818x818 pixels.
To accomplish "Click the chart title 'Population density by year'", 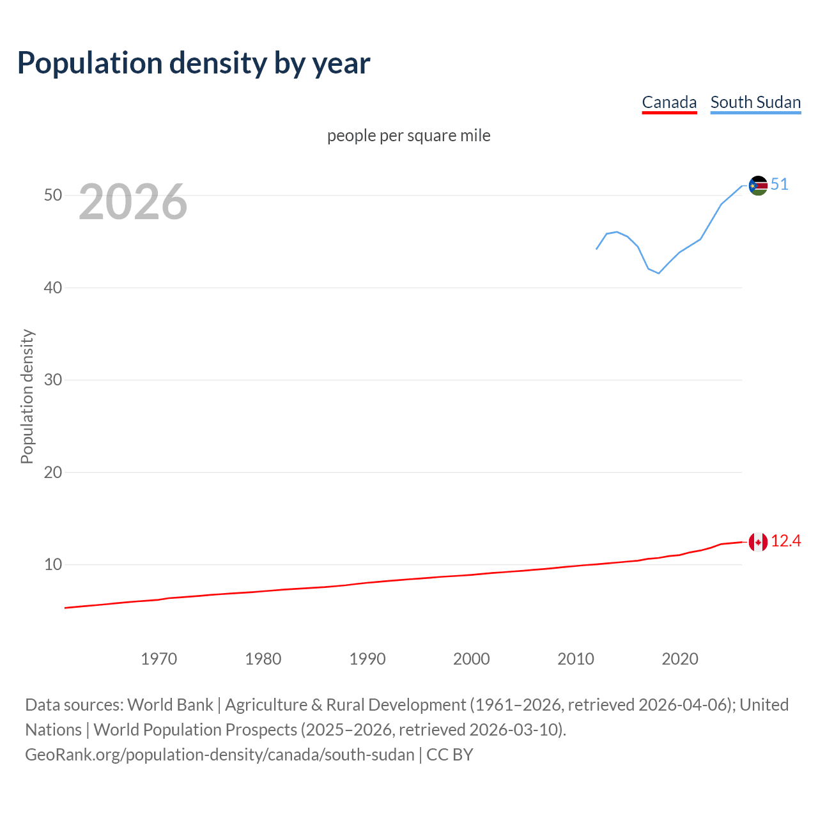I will coord(194,63).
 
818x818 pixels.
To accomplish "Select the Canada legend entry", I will coord(669,102).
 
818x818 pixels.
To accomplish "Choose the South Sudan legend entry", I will coord(755,102).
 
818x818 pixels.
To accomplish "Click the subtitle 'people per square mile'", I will coord(409,135).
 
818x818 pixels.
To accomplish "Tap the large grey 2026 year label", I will coord(133,202).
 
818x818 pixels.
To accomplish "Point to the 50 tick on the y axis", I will coord(53,195).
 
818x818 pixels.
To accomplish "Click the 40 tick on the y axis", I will coord(53,288).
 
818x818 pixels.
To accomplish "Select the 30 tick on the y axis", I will coord(53,380).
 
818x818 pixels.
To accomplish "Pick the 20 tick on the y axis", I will coord(53,472).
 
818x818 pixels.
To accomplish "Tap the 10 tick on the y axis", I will coord(53,564).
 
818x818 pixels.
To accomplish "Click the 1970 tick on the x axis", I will coord(159,659).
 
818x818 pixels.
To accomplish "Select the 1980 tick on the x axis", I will coord(263,659).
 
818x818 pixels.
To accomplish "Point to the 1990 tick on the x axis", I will coord(367,659).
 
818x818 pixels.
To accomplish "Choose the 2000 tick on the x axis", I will coord(472,659).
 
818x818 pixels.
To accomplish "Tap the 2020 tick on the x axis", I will coord(680,659).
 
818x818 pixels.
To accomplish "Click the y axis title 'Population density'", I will coord(27,396).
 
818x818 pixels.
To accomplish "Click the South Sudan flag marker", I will coord(758,185).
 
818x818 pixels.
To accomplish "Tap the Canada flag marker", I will coord(758,542).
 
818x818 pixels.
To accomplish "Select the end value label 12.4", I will coord(786,541).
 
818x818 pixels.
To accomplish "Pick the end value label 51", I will coord(780,185).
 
